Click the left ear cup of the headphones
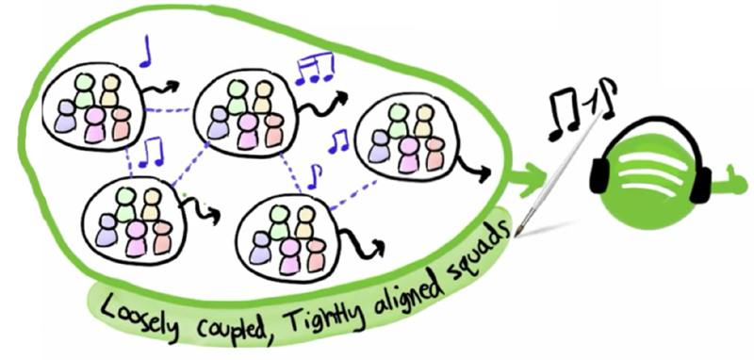tap(603, 178)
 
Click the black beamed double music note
tap(565, 106)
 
